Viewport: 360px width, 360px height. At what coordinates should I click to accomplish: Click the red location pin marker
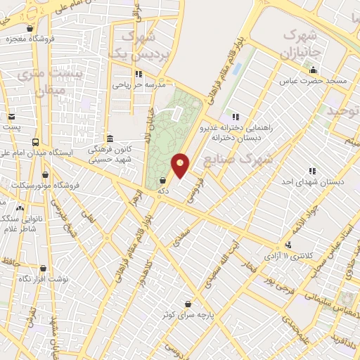point(181,165)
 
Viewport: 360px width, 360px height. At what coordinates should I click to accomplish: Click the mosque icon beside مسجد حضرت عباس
point(313,69)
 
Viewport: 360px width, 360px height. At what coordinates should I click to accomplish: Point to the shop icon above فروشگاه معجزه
point(30,29)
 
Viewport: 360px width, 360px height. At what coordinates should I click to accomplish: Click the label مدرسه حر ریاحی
point(139,84)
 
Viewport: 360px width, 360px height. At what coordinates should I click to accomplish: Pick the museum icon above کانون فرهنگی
point(109,139)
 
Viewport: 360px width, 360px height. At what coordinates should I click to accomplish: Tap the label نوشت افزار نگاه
point(44,279)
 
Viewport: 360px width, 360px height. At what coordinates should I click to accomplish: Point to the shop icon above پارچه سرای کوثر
point(188,304)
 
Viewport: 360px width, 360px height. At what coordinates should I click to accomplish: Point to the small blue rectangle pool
point(236,70)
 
